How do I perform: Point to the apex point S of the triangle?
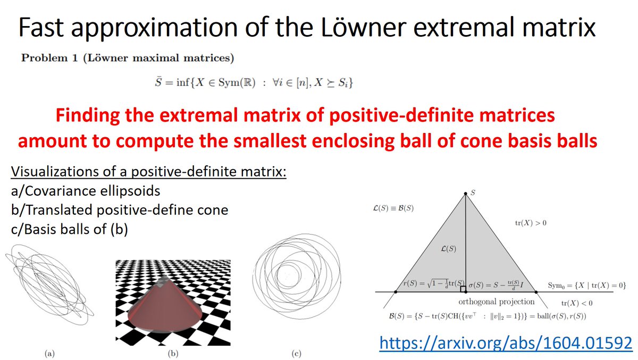point(465,194)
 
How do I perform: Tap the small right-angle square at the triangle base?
point(463,289)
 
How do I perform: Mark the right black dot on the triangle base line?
point(535,292)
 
